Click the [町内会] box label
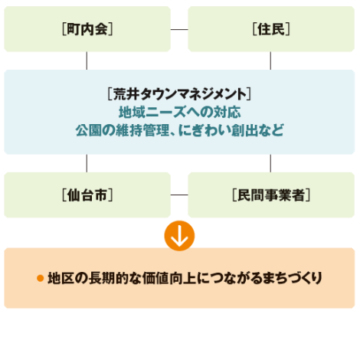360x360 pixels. point(87,29)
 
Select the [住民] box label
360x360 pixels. point(271,29)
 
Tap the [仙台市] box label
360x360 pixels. point(87,195)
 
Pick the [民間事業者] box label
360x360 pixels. point(271,195)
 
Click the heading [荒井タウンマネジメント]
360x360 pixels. point(179,94)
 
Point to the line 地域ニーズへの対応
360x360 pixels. point(179,112)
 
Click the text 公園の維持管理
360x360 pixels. point(123,130)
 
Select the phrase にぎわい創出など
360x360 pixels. point(231,130)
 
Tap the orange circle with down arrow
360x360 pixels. point(179,236)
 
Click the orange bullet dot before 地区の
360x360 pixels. point(40,278)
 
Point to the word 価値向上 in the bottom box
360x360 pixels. point(169,278)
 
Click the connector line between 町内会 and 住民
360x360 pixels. point(179,29)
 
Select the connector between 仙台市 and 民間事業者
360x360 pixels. point(179,195)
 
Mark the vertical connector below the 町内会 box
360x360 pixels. point(87,61)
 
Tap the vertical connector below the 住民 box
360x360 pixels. point(270,61)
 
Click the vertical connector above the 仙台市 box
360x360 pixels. point(87,163)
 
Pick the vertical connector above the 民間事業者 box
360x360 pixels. point(270,163)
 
